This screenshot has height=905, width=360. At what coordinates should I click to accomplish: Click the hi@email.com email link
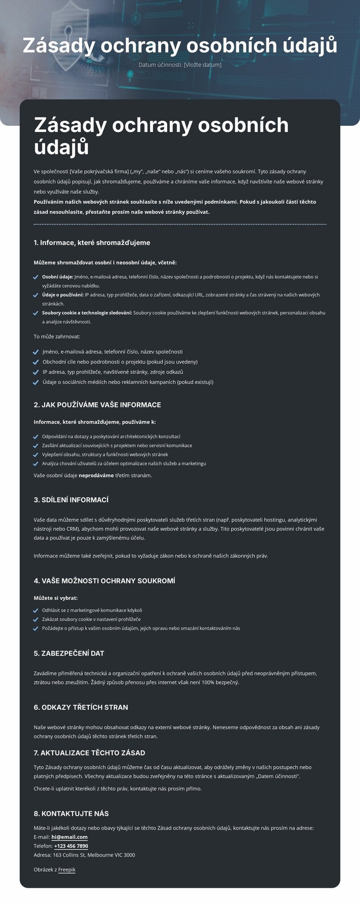[70, 837]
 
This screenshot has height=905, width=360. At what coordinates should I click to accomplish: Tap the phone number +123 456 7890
[71, 846]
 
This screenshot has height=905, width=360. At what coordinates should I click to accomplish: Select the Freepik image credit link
[67, 869]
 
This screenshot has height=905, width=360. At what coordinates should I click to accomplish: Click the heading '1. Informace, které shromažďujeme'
[92, 243]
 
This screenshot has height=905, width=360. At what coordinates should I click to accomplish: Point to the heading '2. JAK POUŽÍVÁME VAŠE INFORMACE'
[97, 405]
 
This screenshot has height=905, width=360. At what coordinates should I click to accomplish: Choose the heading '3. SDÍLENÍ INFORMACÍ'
[71, 500]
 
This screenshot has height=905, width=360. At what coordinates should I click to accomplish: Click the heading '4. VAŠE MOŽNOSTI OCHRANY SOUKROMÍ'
[104, 581]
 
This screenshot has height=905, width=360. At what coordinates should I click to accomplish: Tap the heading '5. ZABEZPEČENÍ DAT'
[69, 654]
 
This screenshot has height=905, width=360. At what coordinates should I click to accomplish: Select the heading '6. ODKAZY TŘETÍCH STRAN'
[81, 707]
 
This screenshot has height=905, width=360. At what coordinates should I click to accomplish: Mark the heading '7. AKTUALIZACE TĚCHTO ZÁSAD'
[89, 753]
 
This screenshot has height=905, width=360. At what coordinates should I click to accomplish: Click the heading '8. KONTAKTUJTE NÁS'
[71, 813]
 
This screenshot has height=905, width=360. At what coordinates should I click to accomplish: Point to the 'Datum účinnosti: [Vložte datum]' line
[180, 65]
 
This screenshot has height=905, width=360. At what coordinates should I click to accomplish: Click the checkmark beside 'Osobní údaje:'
[36, 277]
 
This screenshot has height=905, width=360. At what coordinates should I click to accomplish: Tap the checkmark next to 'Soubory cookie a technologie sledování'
[36, 313]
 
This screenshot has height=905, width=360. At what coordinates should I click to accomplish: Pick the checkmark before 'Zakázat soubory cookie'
[36, 619]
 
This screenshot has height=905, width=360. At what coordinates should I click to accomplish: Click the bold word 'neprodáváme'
[96, 476]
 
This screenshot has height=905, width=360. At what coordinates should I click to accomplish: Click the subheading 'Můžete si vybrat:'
[56, 598]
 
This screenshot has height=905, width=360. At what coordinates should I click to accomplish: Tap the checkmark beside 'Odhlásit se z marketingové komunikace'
[36, 611]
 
